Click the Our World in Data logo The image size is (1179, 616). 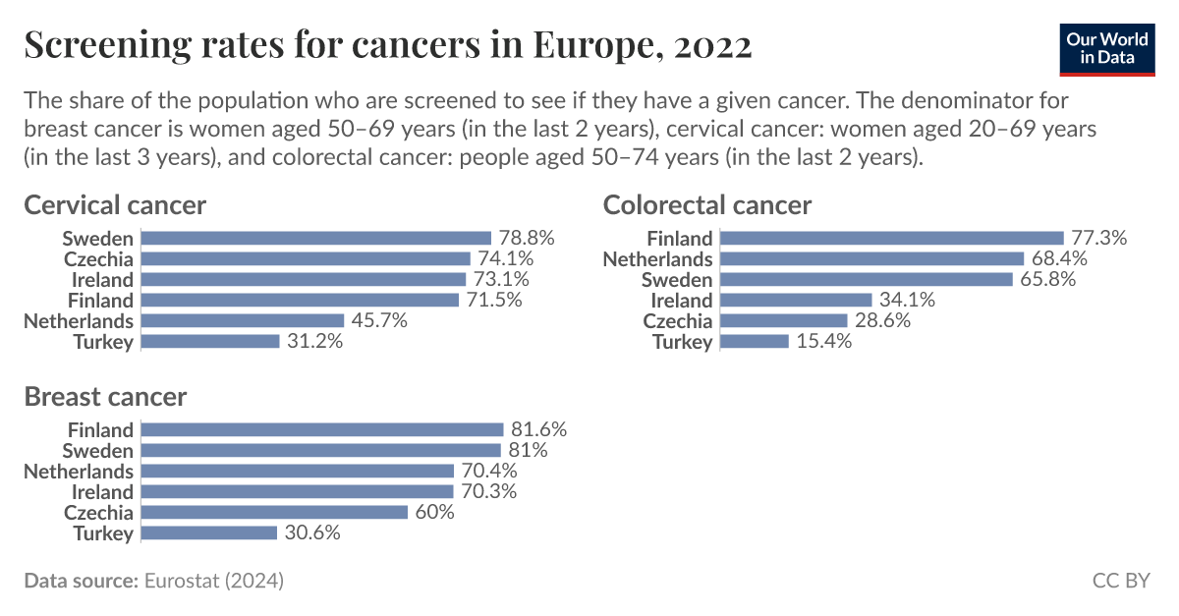[x=1107, y=46]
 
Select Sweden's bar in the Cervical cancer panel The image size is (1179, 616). [x=315, y=238]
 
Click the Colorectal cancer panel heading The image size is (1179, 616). [x=706, y=204]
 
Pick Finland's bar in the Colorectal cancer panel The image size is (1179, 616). [x=891, y=238]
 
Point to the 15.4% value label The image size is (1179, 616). [x=823, y=341]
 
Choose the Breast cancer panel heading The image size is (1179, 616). [x=105, y=396]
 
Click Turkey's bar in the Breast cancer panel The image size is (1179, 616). [x=209, y=532]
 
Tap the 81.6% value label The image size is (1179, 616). [x=538, y=429]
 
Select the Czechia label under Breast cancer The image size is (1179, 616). [x=98, y=512]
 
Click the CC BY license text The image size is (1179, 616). [x=1120, y=581]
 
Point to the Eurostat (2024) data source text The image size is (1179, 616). [x=213, y=581]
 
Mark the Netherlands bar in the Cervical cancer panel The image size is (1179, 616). [x=243, y=320]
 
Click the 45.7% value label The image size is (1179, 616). [x=378, y=320]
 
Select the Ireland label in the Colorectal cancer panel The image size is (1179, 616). [x=681, y=300]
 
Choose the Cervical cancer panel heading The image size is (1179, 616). [x=115, y=204]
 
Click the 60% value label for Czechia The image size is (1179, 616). [x=434, y=512]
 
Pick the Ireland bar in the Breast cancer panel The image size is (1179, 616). [x=297, y=491]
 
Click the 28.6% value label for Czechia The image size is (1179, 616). [x=882, y=320]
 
